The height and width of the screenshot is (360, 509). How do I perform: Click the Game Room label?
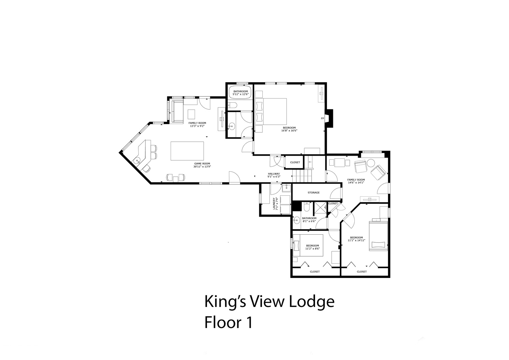pyautogui.click(x=202, y=163)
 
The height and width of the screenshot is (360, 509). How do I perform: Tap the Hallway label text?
pyautogui.click(x=274, y=174)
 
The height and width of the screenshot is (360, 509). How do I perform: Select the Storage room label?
pyautogui.click(x=314, y=193)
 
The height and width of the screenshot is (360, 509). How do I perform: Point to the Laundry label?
pyautogui.click(x=274, y=203)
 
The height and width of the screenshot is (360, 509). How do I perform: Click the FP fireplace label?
pyautogui.click(x=322, y=118)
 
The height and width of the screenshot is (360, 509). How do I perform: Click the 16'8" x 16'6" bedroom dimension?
pyautogui.click(x=289, y=131)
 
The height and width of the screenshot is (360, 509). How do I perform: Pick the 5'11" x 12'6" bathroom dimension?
pyautogui.click(x=241, y=94)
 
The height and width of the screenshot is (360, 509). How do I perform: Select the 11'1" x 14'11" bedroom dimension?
pyautogui.click(x=356, y=240)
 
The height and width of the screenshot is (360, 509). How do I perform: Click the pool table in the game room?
pyautogui.click(x=187, y=151)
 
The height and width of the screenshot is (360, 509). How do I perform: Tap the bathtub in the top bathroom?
pyautogui.click(x=240, y=93)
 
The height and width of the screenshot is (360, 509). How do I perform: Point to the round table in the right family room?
pyautogui.click(x=371, y=163)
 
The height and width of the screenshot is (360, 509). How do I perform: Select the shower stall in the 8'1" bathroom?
pyautogui.click(x=320, y=208)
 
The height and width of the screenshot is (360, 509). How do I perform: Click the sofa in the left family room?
pyautogui.click(x=177, y=112)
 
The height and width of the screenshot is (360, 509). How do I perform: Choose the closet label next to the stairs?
pyautogui.click(x=295, y=162)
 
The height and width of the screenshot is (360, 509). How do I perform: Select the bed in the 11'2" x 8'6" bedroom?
pyautogui.click(x=308, y=245)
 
